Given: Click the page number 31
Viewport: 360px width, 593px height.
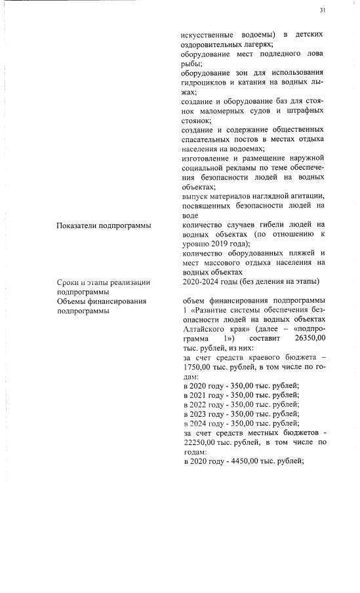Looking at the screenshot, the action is click(x=323, y=10).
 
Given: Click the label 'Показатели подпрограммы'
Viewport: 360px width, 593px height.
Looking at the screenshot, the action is click(x=104, y=225).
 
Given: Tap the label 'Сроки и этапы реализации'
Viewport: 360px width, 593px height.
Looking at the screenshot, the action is click(x=104, y=282).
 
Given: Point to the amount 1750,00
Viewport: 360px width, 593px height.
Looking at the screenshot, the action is click(x=197, y=368).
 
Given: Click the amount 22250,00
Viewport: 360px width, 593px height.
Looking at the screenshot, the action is click(x=199, y=444).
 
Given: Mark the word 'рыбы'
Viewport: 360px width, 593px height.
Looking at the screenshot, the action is click(x=191, y=64).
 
